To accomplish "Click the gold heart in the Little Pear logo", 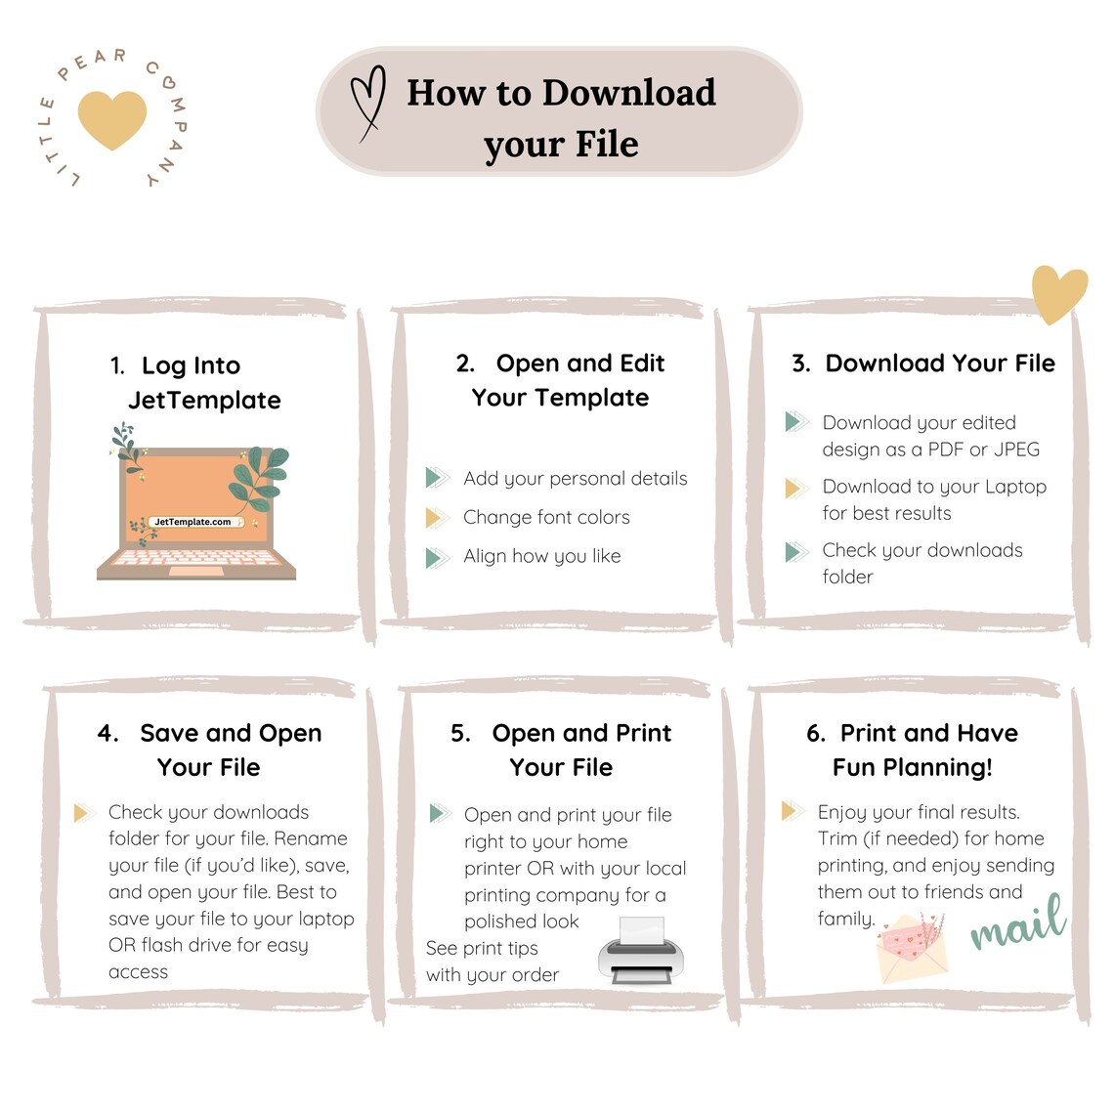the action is (112, 119).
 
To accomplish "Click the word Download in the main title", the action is (628, 93).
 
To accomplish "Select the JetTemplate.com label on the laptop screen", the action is (193, 522).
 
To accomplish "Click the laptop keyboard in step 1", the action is (195, 558).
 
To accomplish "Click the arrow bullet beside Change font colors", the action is (437, 517).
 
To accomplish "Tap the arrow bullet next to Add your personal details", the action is (437, 478).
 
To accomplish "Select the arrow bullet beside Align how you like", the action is (437, 558).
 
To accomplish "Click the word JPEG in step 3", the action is (1016, 449).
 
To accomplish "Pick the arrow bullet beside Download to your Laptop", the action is (796, 488).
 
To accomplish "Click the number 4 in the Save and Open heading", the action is (107, 733).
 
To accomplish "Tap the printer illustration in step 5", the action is (641, 951).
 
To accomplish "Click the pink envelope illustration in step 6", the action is (912, 946).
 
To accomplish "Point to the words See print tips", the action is (482, 949).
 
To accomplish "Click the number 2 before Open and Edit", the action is (464, 364).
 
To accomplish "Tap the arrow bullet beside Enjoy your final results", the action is (793, 811).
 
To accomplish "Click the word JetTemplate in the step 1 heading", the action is (204, 400).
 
